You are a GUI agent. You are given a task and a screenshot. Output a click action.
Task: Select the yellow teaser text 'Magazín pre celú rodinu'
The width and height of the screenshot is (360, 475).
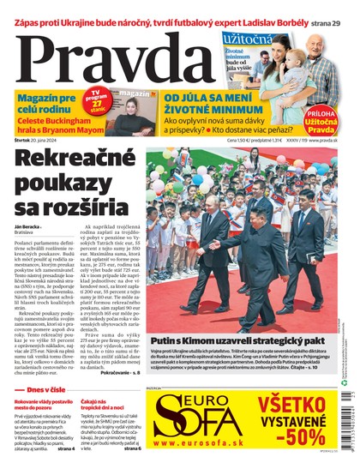[45, 107]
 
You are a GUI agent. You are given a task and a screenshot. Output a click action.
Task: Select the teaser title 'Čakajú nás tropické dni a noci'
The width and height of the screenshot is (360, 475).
[105, 406]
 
